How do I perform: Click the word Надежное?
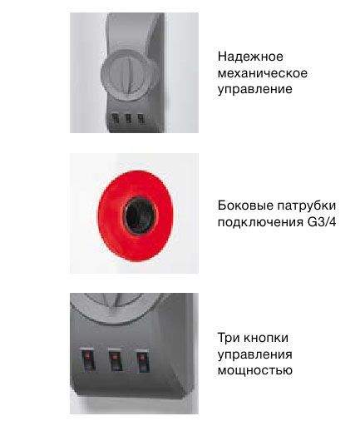tap(250, 57)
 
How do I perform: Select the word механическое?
tap(263, 72)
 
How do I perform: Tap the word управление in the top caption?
tap(254, 88)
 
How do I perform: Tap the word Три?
tap(229, 338)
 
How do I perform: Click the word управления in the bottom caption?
tap(255, 354)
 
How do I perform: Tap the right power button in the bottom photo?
tap(143, 360)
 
